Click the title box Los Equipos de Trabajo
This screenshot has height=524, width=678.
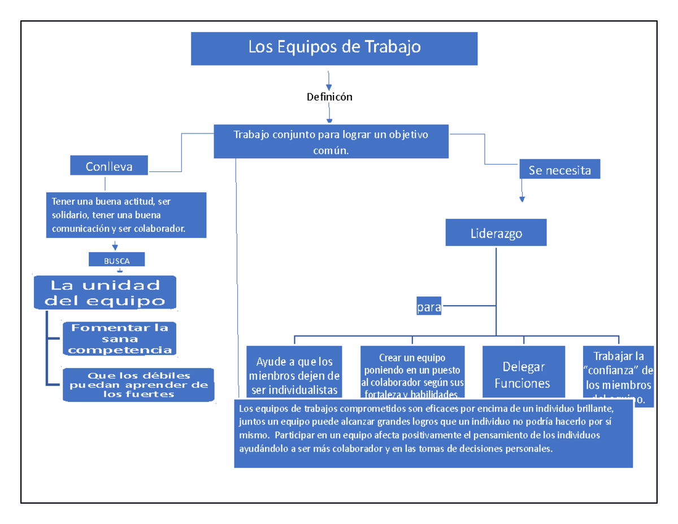[334, 48]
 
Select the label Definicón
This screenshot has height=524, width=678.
[329, 97]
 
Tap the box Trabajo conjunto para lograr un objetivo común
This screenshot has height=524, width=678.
[331, 142]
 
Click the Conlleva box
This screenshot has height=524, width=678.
[109, 166]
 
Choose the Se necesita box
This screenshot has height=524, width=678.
[559, 170]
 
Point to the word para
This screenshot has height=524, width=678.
[428, 309]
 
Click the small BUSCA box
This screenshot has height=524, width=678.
[116, 261]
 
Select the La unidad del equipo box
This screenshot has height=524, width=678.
[105, 292]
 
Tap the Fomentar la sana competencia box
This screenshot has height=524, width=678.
[119, 339]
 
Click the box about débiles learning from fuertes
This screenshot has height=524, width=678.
[138, 385]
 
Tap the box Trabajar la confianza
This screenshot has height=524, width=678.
[619, 374]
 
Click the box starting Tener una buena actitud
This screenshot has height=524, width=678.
[125, 215]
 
